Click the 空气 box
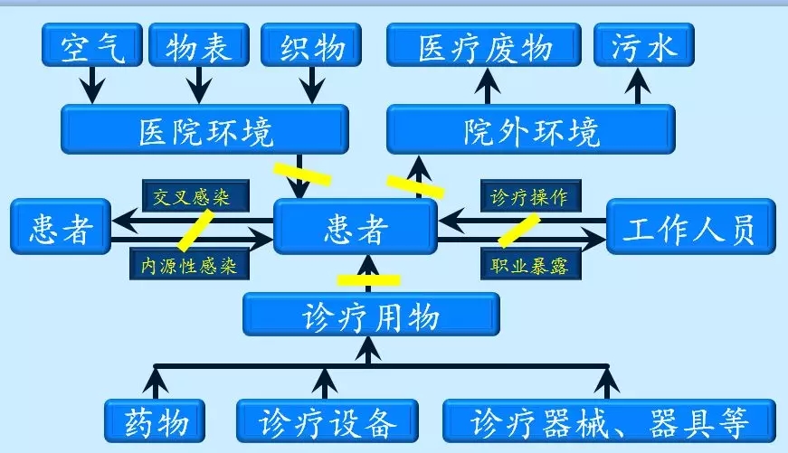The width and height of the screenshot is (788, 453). coord(91,45)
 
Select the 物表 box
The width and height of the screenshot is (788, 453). coord(197,45)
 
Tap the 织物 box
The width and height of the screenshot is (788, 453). coord(311,45)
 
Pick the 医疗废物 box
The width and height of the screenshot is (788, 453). coord(484,45)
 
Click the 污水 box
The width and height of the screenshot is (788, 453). coord(643,45)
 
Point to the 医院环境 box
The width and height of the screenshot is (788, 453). coord(204,129)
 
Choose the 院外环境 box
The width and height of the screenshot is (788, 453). coord(530,129)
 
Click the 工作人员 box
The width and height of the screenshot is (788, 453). coord(690,227)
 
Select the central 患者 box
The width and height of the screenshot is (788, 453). coord(356,227)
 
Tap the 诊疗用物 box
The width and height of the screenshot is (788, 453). coord(371,315)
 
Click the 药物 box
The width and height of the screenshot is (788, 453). coord(153,421)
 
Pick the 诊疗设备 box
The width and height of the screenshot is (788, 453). coord(328,421)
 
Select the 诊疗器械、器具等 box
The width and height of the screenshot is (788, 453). coord(609,421)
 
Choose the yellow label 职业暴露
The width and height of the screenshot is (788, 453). coord(529,263)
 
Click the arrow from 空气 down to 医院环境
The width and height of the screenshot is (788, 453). coord(91,87)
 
